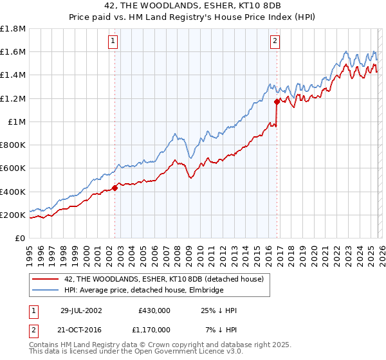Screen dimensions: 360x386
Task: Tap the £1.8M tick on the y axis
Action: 13,29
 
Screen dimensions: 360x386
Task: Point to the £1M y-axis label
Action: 16,122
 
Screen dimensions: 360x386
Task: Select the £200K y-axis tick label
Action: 13,215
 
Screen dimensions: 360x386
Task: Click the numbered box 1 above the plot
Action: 113,41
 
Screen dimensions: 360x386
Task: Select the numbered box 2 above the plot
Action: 275,41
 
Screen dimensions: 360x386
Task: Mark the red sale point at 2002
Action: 115,188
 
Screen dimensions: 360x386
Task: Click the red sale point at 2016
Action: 277,102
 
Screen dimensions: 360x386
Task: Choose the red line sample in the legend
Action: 46,279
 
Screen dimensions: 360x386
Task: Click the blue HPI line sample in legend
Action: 46,291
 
